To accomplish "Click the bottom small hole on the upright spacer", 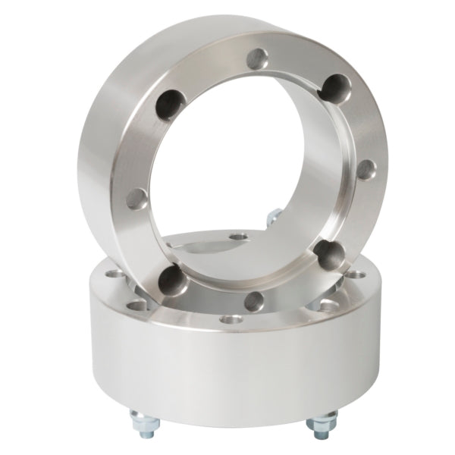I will [256, 302].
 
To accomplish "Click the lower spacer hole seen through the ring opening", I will [240, 238].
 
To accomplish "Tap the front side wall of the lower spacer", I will [227, 379].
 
